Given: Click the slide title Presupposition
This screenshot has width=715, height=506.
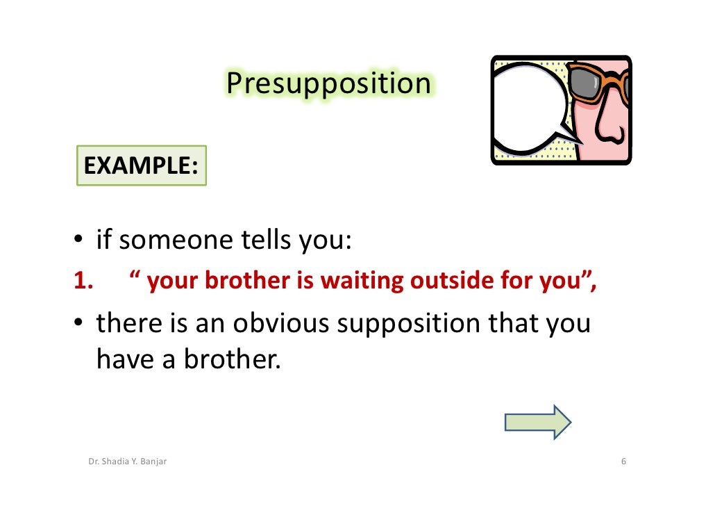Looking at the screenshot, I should (x=328, y=84).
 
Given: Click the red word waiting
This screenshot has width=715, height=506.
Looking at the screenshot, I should (x=364, y=281).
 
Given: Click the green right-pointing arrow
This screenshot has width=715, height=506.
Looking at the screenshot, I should (x=537, y=422).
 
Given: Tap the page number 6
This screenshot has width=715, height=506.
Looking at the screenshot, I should (x=623, y=463).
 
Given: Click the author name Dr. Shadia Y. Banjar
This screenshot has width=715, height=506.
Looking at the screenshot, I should (x=127, y=463).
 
